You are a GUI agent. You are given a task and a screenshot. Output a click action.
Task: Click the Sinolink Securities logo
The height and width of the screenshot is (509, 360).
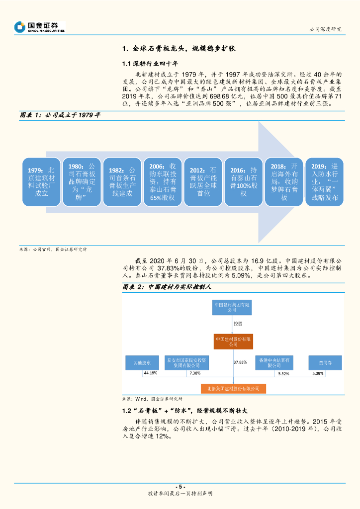click(x=40, y=27)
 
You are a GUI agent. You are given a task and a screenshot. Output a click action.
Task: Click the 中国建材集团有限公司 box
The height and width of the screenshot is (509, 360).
click(x=233, y=307)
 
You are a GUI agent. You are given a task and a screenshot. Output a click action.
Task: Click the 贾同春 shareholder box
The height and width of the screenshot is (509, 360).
click(x=325, y=362)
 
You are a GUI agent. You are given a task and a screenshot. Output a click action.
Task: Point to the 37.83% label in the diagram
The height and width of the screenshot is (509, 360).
click(x=240, y=362)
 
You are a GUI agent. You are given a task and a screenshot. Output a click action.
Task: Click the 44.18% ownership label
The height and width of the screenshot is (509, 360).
click(x=150, y=373)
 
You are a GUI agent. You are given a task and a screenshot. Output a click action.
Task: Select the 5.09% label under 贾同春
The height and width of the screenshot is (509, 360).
click(x=319, y=373)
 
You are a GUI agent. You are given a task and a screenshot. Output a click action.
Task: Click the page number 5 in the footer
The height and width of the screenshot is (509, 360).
click(x=180, y=486)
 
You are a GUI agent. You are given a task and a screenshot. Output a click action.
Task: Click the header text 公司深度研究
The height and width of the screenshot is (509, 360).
click(x=325, y=29)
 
